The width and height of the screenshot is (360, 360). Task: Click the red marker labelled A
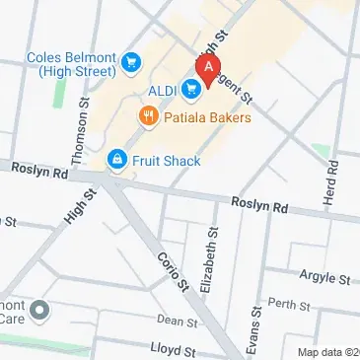207,69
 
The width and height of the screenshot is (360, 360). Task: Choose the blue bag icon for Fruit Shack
116,160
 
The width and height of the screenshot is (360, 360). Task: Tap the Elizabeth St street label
207,259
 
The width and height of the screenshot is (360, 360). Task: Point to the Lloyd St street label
174,348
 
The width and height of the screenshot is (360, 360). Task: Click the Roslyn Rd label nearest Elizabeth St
259,207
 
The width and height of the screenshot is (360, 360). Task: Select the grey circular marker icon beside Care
40,313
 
